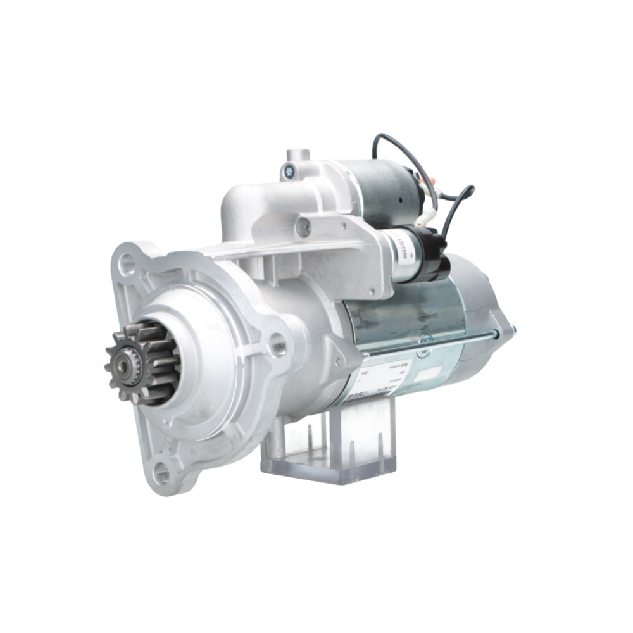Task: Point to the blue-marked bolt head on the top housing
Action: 289,169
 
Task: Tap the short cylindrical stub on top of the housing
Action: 298,154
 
